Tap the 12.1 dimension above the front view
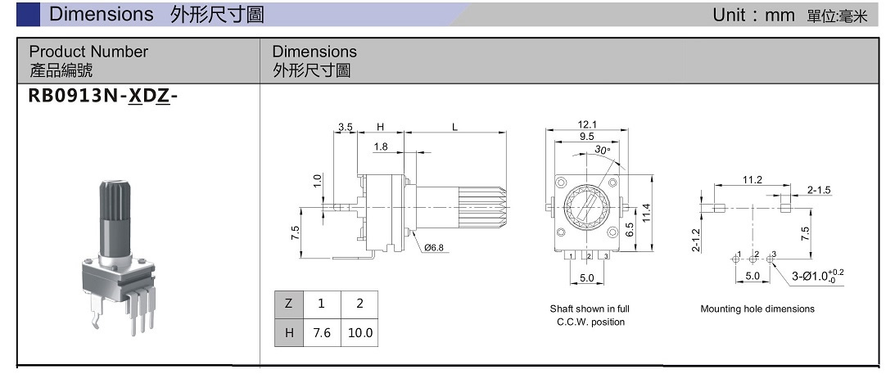[x=587, y=124]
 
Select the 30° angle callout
[x=603, y=151]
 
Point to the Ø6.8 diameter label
[x=435, y=247]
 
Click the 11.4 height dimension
[x=646, y=212]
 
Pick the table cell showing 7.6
[x=321, y=332]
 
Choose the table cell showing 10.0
[x=359, y=332]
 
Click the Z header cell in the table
[x=288, y=304]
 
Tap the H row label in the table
[x=288, y=332]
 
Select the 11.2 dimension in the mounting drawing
[x=752, y=180]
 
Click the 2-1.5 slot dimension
[x=819, y=190]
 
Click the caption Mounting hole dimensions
[x=757, y=309]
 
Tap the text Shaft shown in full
[x=589, y=309]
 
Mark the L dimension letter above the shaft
[x=455, y=127]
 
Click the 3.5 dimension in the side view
[x=345, y=127]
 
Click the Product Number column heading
[x=88, y=52]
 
